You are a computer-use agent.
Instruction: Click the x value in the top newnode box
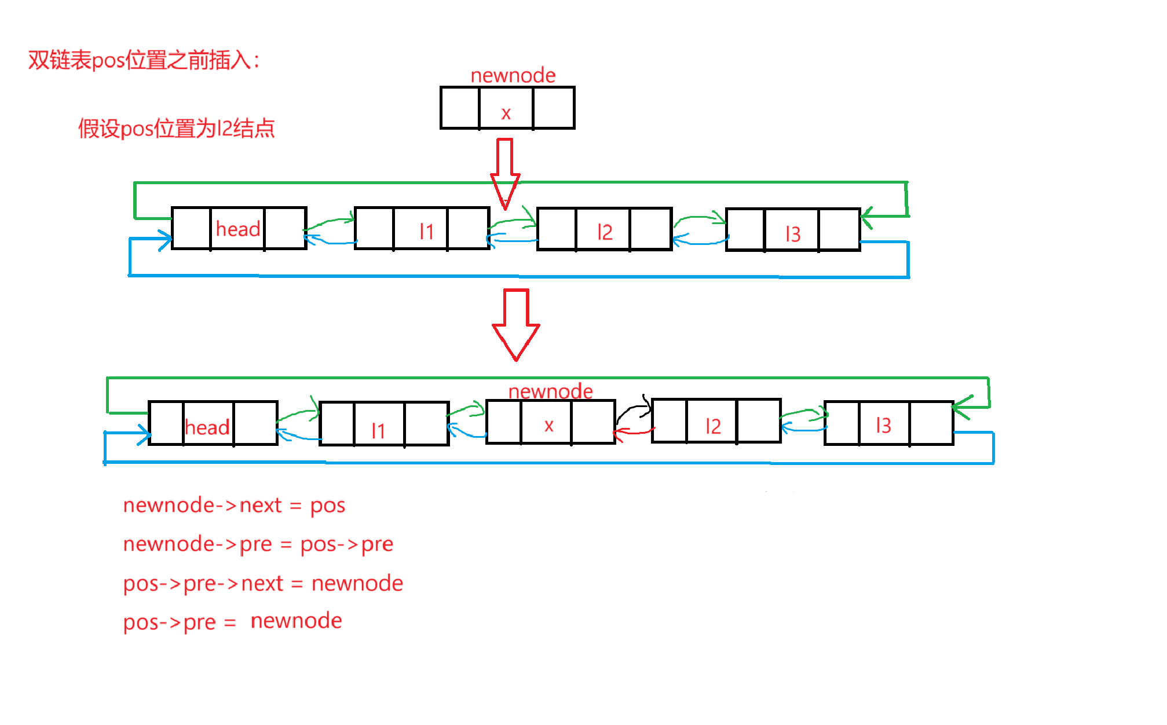[x=506, y=113]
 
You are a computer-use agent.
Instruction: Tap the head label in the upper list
[x=237, y=229]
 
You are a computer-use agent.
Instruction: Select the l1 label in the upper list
[x=426, y=232]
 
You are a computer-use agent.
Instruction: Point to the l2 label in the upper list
[x=605, y=232]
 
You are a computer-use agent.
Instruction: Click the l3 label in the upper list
[x=793, y=234]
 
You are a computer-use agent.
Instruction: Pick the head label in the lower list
[x=207, y=427]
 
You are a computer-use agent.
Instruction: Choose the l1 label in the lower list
[x=378, y=430]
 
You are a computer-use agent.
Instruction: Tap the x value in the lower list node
[x=548, y=426]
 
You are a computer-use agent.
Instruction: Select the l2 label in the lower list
[x=713, y=426]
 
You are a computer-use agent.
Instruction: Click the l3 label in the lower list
[x=883, y=426]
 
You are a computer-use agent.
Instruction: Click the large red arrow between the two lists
[x=516, y=324]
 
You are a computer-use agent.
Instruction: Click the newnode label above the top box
[x=513, y=75]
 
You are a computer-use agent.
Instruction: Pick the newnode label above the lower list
[x=550, y=391]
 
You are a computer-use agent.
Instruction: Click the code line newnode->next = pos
[x=234, y=506]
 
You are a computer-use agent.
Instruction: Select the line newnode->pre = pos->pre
[x=258, y=544]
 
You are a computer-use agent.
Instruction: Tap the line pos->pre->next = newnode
[x=263, y=583]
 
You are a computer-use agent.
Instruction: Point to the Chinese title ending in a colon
[x=144, y=60]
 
